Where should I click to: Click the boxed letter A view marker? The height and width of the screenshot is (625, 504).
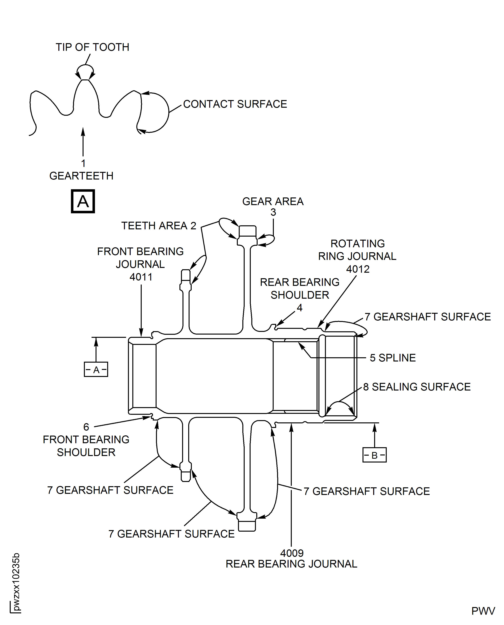(x=83, y=201)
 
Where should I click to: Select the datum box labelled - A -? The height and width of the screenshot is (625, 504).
(x=96, y=370)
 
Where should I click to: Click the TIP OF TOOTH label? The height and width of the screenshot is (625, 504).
(x=92, y=47)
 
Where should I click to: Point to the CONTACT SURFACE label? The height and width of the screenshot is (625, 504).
(x=235, y=104)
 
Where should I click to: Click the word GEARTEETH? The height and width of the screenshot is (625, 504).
(x=81, y=176)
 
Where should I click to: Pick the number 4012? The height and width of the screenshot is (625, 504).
(x=358, y=269)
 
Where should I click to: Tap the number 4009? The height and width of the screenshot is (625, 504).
(x=292, y=553)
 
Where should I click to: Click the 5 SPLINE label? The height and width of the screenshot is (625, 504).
(x=392, y=358)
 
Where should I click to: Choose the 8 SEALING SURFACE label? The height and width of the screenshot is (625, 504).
(x=417, y=387)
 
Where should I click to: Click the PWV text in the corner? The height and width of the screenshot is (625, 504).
(x=483, y=611)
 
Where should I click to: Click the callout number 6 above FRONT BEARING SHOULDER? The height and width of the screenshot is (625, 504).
(x=86, y=427)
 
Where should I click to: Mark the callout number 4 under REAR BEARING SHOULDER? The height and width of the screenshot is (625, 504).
(x=300, y=308)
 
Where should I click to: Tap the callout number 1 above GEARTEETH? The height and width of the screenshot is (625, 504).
(x=83, y=163)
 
